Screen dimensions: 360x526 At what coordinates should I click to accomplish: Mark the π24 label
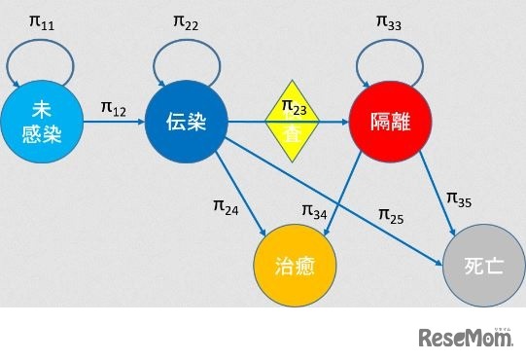pyautogui.click(x=226, y=205)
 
